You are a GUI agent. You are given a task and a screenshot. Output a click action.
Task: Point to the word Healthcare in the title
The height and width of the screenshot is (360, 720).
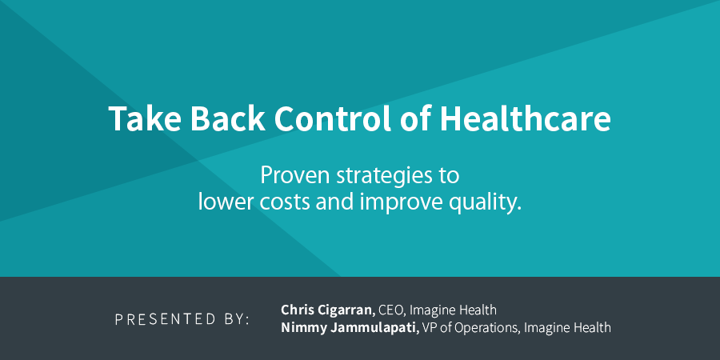click(526, 119)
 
